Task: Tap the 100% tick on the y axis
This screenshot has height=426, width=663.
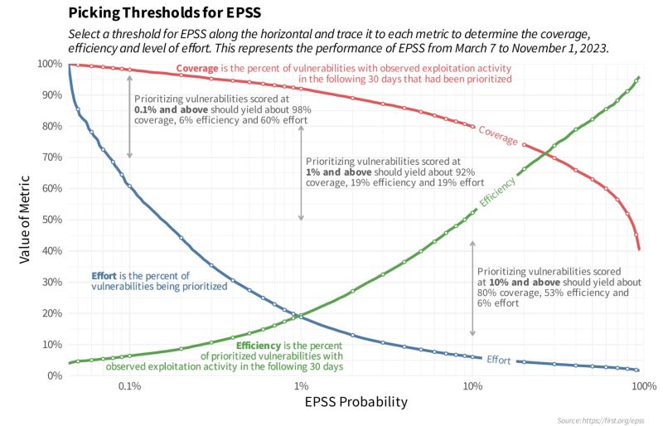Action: (48, 64)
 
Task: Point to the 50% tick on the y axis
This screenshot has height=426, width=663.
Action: (51, 220)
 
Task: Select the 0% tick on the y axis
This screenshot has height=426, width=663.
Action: (53, 375)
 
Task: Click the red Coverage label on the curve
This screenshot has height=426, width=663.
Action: (498, 135)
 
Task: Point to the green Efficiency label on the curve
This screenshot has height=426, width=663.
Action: (497, 191)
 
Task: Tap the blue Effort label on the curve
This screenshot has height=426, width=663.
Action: (498, 360)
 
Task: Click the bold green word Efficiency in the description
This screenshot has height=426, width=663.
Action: (263, 345)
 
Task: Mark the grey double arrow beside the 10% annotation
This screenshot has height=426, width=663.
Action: (472, 288)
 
